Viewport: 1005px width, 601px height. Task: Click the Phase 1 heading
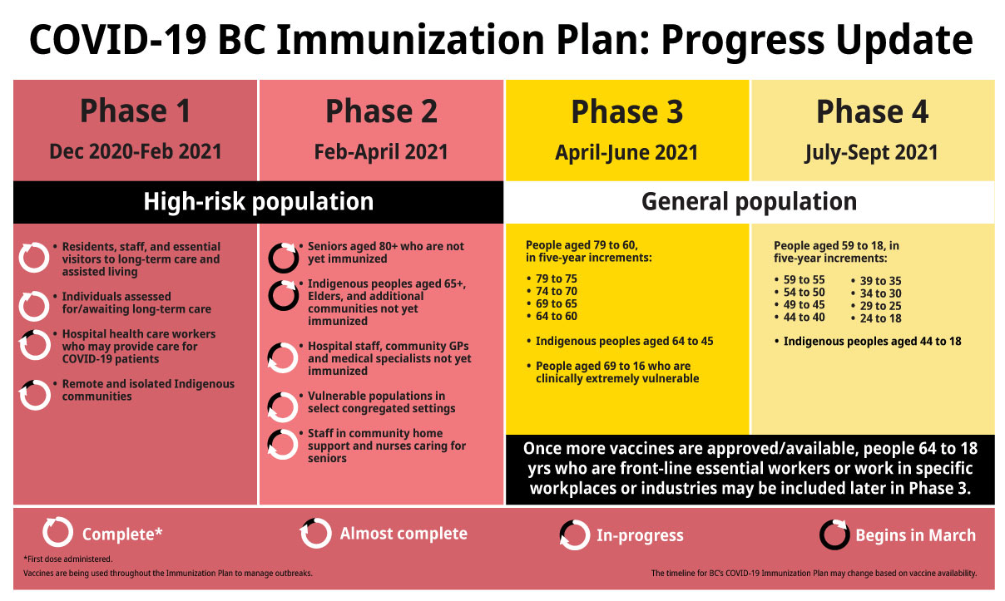135,111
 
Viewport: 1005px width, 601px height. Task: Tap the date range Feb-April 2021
381,151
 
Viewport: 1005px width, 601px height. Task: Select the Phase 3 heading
626,111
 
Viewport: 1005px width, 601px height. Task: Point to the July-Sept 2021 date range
871,153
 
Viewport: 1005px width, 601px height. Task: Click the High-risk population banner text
259,202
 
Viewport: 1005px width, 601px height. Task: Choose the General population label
749,202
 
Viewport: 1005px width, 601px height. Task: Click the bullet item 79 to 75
552,278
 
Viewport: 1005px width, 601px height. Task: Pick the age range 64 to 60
552,316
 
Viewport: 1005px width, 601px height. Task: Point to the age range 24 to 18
876,318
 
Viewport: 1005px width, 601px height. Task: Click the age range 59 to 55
800,279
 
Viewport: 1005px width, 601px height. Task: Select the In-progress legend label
640,535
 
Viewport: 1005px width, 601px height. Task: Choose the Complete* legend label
122,534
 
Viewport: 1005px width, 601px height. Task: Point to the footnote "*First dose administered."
67,559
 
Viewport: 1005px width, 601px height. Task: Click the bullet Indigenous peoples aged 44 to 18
868,342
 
